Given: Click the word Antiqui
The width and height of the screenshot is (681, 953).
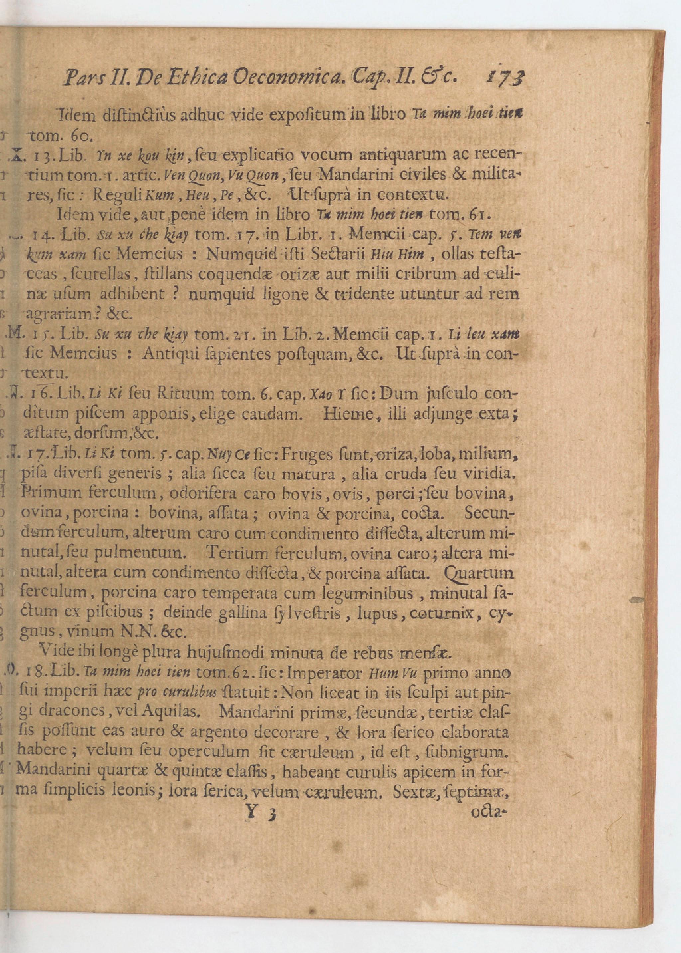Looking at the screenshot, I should (x=165, y=353).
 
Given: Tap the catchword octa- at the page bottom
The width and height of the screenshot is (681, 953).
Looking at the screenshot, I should (x=489, y=814).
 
